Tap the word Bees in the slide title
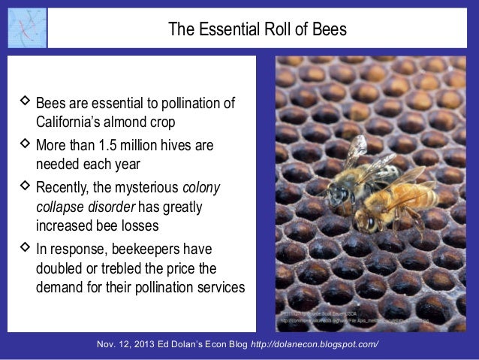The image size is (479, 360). (330, 30)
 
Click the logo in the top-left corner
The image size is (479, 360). (27, 28)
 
